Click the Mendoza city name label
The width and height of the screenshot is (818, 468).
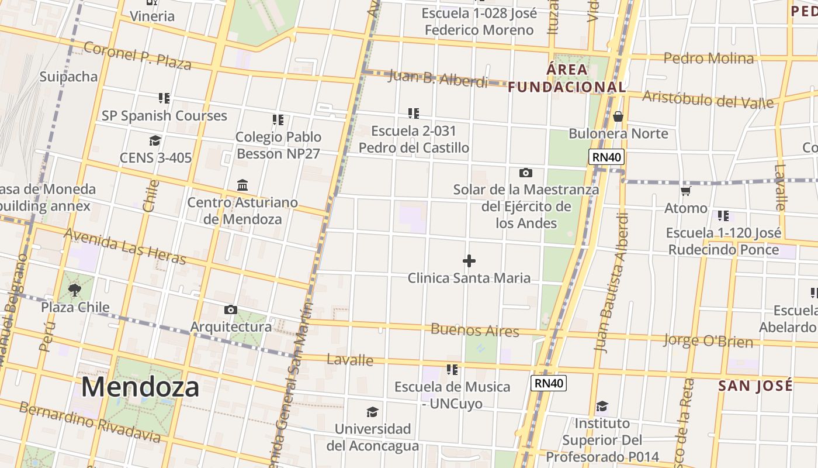pyautogui.click(x=140, y=387)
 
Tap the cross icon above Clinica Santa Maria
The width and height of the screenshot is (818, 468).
pyautogui.click(x=469, y=261)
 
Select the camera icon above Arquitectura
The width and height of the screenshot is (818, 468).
pyautogui.click(x=231, y=309)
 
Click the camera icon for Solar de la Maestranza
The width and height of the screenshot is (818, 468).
pyautogui.click(x=526, y=173)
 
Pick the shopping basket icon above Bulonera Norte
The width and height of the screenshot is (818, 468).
pyautogui.click(x=618, y=116)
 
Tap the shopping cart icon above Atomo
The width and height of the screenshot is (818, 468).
pyautogui.click(x=685, y=191)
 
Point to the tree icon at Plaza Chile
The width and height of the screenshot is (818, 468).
pyautogui.click(x=75, y=290)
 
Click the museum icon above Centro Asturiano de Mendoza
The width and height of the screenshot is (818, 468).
pyautogui.click(x=242, y=185)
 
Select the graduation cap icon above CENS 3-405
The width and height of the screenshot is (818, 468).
pyautogui.click(x=155, y=140)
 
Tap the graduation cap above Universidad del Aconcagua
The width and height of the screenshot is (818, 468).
pyautogui.click(x=372, y=412)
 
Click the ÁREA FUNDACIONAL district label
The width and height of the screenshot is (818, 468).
pyautogui.click(x=567, y=78)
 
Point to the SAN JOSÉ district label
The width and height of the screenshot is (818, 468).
pyautogui.click(x=755, y=386)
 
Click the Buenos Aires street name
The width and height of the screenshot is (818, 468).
pyautogui.click(x=474, y=330)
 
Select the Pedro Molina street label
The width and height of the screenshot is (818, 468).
pyautogui.click(x=709, y=58)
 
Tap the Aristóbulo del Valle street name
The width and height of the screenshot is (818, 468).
pyautogui.click(x=708, y=99)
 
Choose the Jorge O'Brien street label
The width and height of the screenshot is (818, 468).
pyautogui.click(x=708, y=340)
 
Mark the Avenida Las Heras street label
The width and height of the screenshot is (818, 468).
pyautogui.click(x=124, y=246)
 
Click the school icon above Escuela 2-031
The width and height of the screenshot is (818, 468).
pyautogui.click(x=414, y=113)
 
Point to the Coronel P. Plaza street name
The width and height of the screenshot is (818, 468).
pyautogui.click(x=137, y=55)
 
